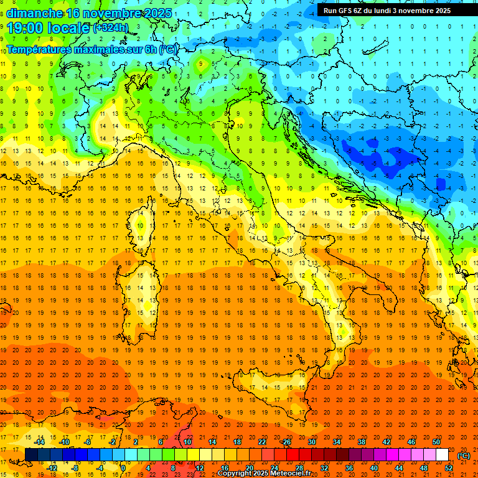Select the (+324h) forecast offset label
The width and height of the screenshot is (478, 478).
tap(110, 28)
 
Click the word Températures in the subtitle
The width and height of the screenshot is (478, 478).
tap(39, 49)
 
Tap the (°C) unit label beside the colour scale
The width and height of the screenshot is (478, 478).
tap(464, 456)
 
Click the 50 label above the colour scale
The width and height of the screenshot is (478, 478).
tap(436, 442)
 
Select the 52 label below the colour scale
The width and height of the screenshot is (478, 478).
tap(448, 468)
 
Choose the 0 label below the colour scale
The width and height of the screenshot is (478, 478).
tap(124, 468)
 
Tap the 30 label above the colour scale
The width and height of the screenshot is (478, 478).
tap(311, 442)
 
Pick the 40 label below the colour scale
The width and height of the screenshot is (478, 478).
tap(373, 468)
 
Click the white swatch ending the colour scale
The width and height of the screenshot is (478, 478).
tap(442, 455)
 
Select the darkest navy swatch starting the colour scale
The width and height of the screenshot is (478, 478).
tap(31, 455)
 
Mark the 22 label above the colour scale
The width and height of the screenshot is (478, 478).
tap(261, 442)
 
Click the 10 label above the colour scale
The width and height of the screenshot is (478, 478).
tap(187, 442)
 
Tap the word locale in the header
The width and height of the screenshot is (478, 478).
tap(70, 28)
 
